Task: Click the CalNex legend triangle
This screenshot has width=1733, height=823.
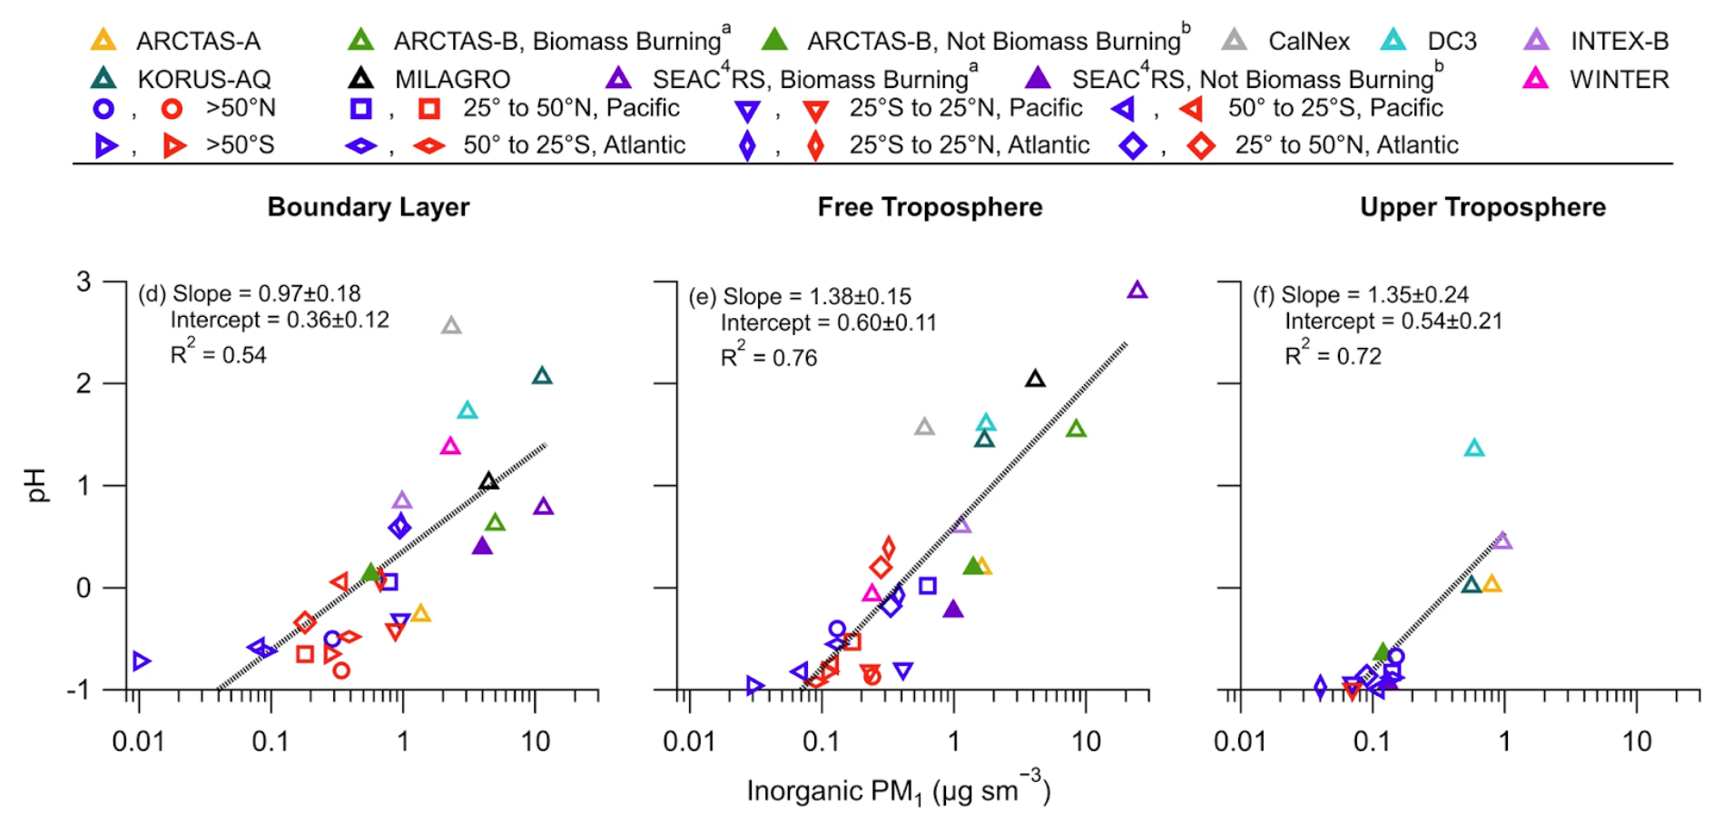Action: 1234,40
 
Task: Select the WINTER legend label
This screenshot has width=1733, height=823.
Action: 1619,80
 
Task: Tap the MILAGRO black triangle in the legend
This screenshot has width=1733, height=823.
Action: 360,78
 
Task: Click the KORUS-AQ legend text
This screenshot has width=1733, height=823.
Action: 204,80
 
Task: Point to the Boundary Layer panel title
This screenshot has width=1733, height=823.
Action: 369,207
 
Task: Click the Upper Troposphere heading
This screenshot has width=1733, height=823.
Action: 1482,207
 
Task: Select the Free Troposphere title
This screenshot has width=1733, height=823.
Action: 930,207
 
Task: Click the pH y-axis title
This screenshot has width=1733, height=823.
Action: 34,485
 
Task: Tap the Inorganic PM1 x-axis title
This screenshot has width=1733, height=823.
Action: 899,790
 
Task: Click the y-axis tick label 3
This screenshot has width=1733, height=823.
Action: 84,283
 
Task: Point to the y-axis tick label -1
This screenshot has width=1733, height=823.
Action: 78,690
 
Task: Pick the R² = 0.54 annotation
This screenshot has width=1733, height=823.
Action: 219,353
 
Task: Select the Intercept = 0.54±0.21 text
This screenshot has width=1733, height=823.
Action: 1393,321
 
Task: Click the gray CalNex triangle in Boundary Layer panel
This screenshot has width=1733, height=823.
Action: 451,325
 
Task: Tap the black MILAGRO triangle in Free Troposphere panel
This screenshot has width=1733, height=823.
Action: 1035,379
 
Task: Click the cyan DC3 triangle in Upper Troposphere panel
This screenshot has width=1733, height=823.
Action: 1474,448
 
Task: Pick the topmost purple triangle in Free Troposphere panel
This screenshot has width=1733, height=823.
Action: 1137,290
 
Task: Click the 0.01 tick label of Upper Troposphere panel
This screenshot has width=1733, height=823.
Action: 1240,741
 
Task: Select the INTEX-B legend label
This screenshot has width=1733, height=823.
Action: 1620,41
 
